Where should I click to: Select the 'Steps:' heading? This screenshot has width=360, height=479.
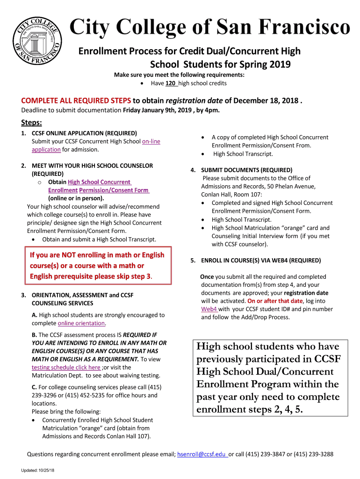[x=32, y=123]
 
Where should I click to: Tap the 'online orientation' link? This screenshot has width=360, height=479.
[x=81, y=323]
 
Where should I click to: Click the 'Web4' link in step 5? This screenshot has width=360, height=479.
[x=209, y=309]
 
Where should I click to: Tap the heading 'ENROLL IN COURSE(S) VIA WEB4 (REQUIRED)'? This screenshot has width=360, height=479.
[x=261, y=260]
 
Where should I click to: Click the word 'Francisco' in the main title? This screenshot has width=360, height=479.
[x=307, y=27]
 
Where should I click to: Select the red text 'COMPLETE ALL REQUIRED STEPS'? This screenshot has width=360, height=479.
[x=76, y=101]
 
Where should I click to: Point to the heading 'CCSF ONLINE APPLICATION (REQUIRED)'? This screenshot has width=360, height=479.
[x=84, y=133]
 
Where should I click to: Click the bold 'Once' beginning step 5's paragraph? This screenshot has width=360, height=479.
[x=207, y=276]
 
